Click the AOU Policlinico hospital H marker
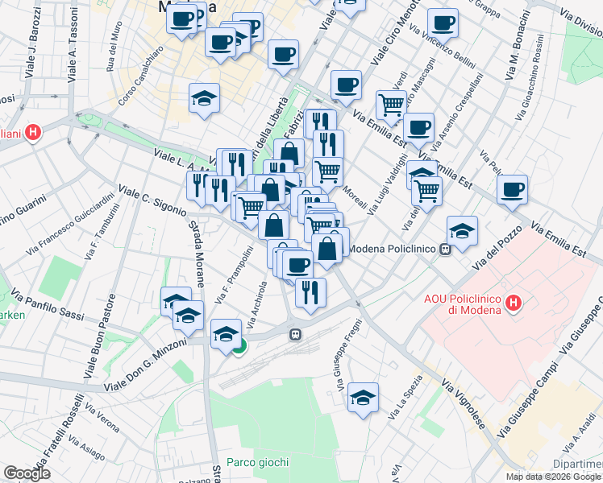(x=513, y=303)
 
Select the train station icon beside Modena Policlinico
(x=444, y=249)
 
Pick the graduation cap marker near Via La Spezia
(x=364, y=398)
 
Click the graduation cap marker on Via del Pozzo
(x=462, y=231)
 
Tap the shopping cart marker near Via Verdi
(x=391, y=103)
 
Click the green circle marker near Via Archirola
(x=239, y=347)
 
